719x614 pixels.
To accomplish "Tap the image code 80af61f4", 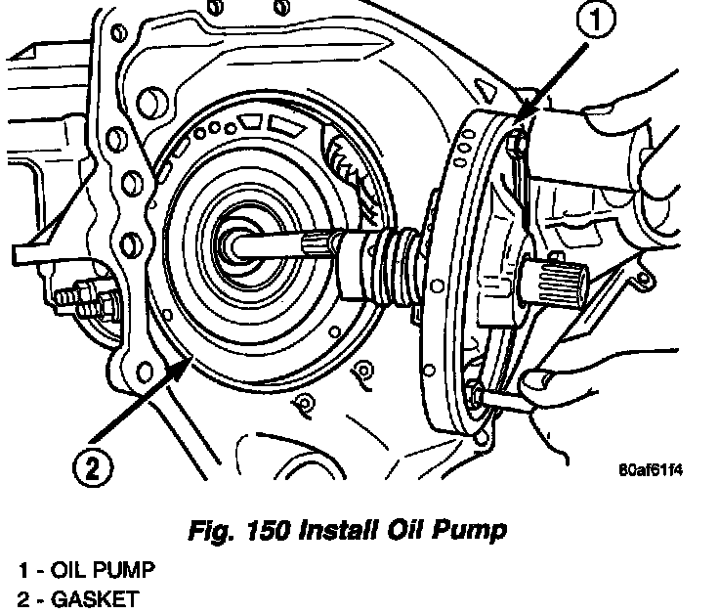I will (x=650, y=467).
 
